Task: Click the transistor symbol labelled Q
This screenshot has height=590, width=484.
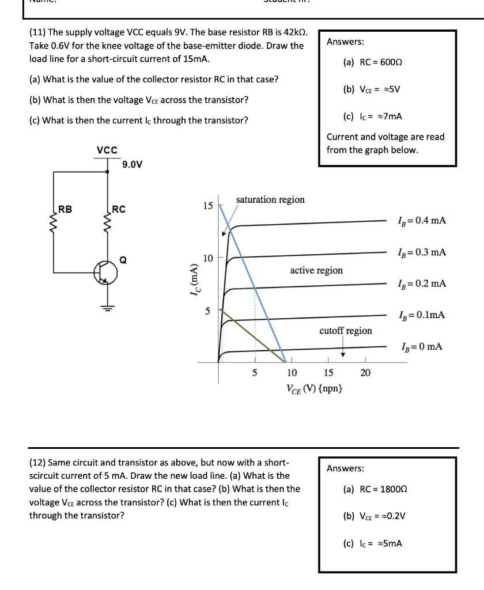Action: tap(106, 273)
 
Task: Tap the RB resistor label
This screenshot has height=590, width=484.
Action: tap(65, 209)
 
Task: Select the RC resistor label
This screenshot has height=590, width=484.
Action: tap(119, 209)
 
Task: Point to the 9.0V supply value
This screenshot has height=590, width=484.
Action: tap(133, 165)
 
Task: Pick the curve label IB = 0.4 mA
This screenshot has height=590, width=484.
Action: tap(421, 221)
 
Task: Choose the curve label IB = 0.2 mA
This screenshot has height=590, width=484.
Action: tap(421, 283)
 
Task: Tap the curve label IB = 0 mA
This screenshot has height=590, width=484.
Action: tap(421, 346)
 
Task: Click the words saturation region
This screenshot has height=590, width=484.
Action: tap(270, 199)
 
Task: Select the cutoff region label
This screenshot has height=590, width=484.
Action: tap(346, 331)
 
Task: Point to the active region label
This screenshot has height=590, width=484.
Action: tap(316, 270)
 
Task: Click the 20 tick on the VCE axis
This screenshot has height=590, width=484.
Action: tap(365, 373)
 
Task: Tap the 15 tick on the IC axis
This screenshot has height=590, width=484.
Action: tap(207, 206)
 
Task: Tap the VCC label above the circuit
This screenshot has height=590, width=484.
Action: tap(107, 150)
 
